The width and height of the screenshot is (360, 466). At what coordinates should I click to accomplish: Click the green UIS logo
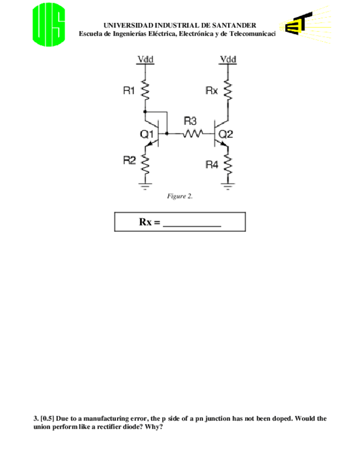pos(49,25)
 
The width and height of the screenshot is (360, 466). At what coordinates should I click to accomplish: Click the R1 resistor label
pos(129,91)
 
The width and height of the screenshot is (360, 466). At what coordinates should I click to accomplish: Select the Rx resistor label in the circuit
pos(212,90)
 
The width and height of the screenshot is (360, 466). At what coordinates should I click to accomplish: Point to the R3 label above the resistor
pos(190,121)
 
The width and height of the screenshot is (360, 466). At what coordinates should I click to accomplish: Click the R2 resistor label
pos(129,160)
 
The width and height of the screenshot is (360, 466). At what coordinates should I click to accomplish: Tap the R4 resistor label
pos(212,164)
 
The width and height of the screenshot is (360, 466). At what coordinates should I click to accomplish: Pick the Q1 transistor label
pos(147,134)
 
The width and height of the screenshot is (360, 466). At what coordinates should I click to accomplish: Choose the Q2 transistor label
pos(226,134)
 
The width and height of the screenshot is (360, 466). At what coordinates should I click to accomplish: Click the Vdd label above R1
pos(145,59)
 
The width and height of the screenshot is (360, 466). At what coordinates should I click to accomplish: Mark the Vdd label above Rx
pos(228,59)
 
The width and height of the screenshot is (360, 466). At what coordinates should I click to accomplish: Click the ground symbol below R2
pos(146,186)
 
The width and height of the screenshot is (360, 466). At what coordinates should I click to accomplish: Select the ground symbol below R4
pos(228,187)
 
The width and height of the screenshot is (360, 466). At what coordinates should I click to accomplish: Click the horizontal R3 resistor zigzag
pos(193,133)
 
